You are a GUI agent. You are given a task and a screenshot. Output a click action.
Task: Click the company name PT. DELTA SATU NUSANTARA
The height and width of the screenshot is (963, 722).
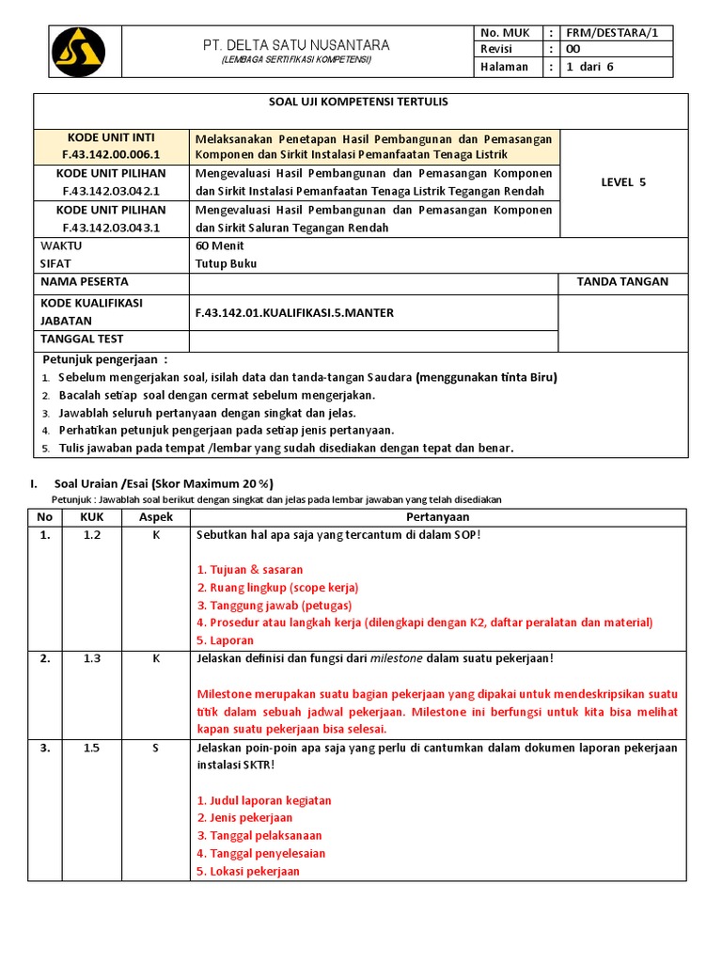point(297,45)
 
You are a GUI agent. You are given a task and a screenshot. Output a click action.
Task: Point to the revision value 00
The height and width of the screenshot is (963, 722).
point(574,50)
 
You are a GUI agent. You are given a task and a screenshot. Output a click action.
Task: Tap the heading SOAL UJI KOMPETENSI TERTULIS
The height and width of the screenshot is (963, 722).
point(361,102)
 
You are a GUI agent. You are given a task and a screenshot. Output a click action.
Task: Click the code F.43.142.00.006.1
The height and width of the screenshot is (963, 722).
point(112,154)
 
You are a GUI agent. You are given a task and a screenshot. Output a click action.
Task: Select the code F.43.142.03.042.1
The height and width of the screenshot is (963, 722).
point(112,192)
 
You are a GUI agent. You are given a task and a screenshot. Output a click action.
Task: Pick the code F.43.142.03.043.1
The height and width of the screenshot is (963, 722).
point(112,228)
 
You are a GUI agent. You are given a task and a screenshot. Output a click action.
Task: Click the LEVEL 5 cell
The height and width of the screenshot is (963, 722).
point(623,182)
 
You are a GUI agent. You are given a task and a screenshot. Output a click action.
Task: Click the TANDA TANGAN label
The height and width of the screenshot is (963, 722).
point(622,281)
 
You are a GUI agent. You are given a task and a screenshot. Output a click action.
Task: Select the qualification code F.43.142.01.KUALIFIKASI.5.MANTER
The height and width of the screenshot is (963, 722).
point(294,312)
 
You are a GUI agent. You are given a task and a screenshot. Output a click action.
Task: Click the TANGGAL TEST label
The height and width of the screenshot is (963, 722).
point(82,339)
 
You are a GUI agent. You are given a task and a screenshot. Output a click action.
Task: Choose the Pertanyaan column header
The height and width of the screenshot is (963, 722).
point(438,517)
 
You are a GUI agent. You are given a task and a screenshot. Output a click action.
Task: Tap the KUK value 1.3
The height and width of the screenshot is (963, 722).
point(91,658)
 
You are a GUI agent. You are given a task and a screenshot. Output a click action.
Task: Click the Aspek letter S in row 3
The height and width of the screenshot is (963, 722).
point(156,748)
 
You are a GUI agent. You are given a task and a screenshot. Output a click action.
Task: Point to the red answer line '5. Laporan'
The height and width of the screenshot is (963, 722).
point(226,640)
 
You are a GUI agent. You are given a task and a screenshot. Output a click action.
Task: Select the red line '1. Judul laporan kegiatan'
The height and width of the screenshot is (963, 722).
point(264,800)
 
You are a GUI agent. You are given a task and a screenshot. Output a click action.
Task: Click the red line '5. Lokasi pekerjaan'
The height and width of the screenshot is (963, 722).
point(248,871)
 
